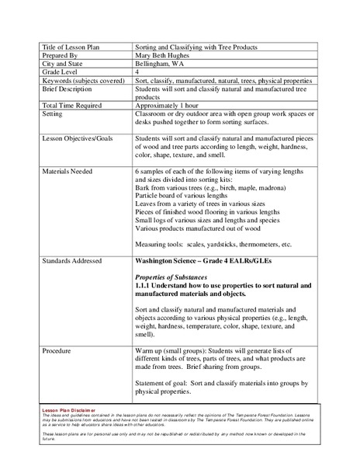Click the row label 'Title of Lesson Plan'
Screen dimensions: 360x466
coord(71,48)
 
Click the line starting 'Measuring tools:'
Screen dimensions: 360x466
coord(213,245)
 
